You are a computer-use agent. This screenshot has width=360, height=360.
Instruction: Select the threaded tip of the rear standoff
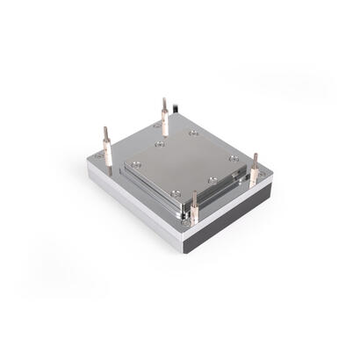click(x=163, y=101)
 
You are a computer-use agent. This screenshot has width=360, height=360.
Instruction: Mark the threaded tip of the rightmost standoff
click(x=256, y=158)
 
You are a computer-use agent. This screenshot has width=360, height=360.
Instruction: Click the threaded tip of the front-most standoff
click(x=195, y=194)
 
